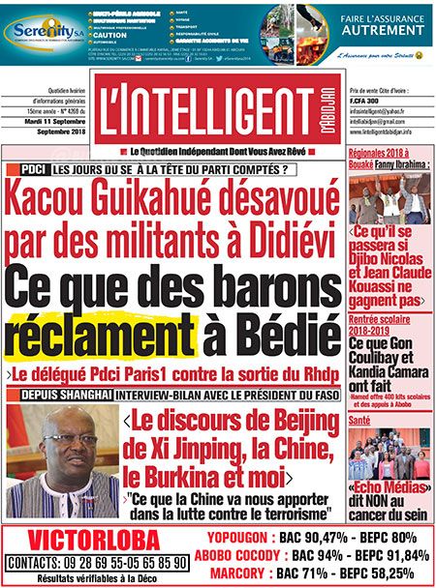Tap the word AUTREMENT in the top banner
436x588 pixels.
(384, 30)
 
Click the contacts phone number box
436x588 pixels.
(97, 562)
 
